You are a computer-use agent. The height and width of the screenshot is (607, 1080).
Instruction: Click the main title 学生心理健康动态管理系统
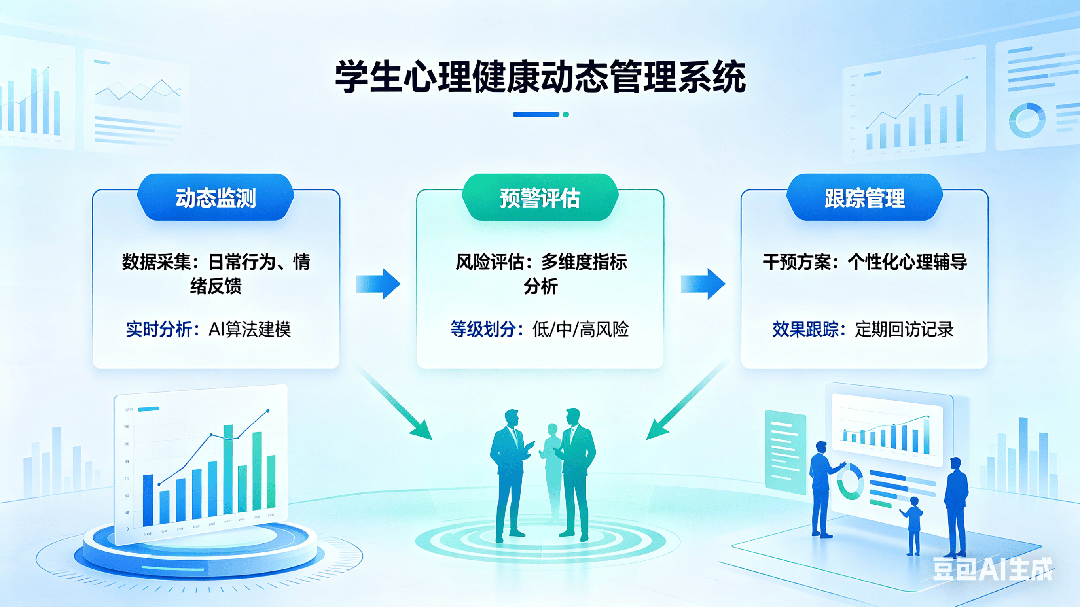point(540,77)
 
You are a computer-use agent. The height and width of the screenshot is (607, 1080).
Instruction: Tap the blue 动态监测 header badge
point(216,198)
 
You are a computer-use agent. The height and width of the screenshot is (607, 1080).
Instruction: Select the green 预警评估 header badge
point(540,198)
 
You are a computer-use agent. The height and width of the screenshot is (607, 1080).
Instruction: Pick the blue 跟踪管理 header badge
point(864,198)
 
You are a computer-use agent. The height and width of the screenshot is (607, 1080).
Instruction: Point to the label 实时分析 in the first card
point(159,329)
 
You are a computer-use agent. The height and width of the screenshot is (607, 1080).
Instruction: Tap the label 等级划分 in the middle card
point(483,329)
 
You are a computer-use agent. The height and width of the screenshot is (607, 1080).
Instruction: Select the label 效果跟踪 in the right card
point(805,329)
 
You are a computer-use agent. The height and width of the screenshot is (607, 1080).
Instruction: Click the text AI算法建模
point(250,329)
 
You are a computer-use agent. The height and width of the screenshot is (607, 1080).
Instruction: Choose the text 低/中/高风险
point(581,329)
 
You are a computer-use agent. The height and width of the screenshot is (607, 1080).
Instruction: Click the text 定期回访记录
point(904,329)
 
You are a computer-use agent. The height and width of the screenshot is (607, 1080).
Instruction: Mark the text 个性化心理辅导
point(907,263)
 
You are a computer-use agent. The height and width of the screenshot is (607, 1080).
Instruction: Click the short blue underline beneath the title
point(536,114)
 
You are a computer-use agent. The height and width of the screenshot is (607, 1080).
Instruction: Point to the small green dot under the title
point(566,114)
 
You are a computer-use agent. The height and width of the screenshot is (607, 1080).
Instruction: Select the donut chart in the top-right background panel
point(1027,120)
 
